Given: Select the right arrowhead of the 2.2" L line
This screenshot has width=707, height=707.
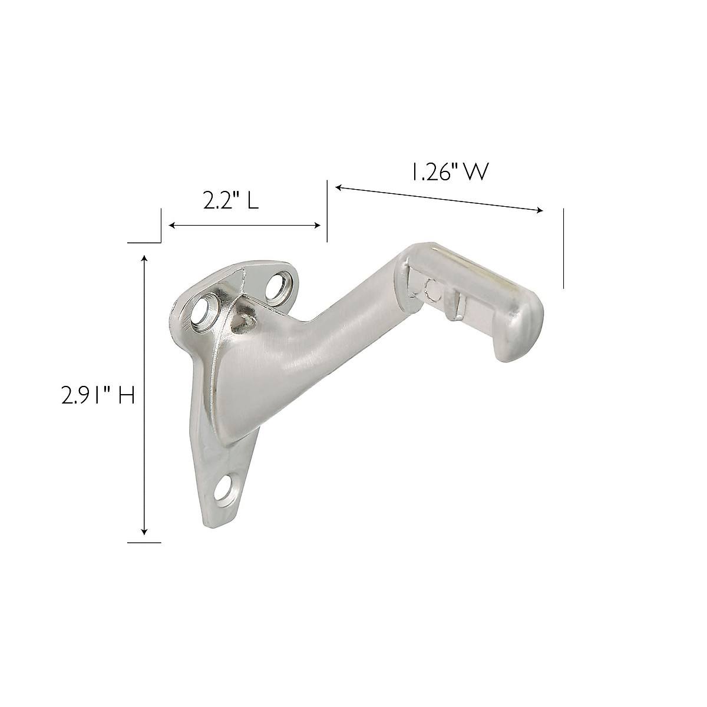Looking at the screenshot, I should coord(318,226).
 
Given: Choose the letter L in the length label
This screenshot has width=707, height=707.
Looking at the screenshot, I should coord(252,202).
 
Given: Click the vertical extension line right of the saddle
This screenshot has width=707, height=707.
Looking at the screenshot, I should coord(563,248).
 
